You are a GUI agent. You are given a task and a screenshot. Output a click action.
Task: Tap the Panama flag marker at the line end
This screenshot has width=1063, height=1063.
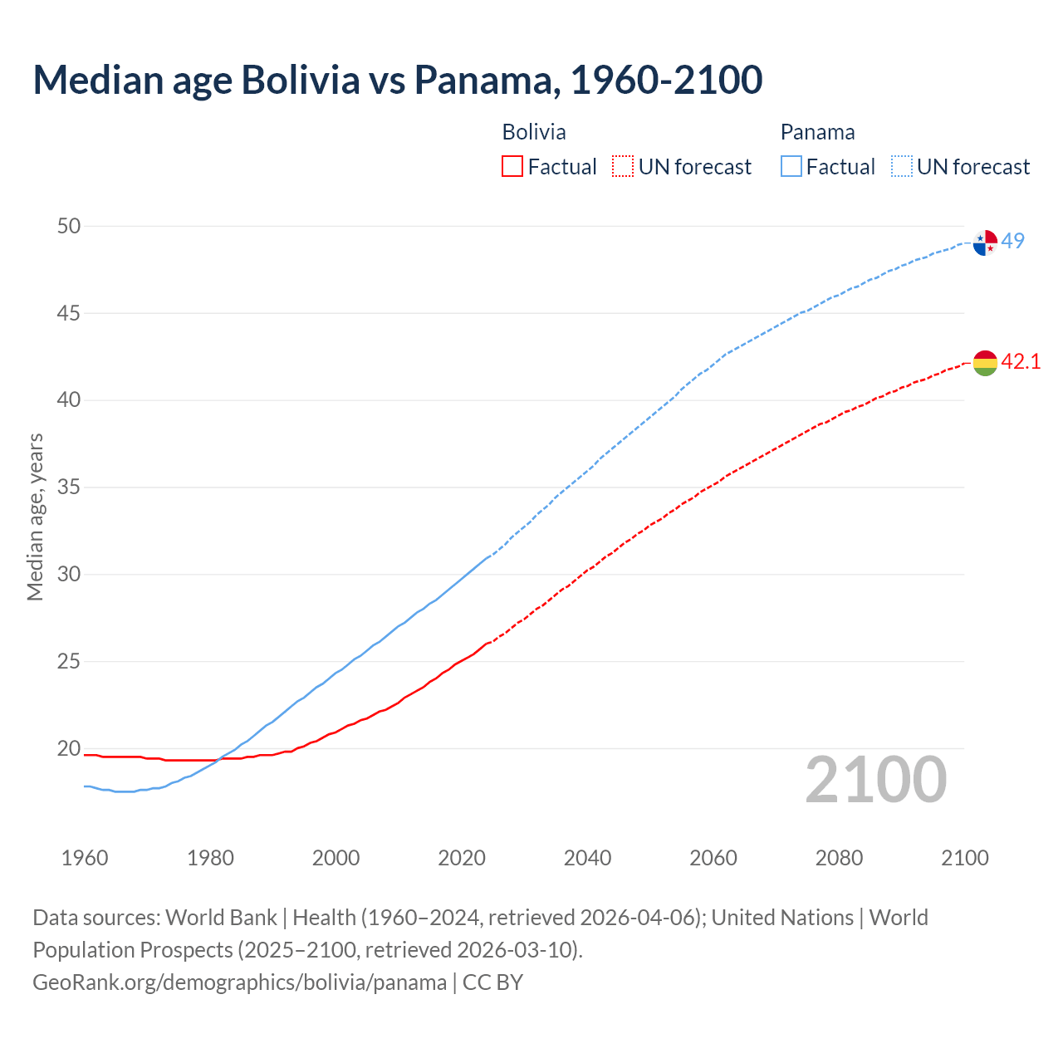tap(985, 242)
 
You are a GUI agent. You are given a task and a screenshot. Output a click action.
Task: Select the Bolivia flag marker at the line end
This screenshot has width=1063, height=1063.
tap(985, 363)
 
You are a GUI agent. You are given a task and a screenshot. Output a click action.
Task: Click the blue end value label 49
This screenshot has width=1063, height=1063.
tap(1012, 241)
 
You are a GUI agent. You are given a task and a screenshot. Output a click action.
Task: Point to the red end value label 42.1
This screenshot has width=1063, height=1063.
tap(1021, 361)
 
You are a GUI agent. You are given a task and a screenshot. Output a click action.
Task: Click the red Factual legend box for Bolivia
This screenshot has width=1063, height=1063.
tap(512, 167)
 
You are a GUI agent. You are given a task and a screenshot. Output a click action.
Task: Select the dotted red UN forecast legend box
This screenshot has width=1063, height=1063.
tap(623, 167)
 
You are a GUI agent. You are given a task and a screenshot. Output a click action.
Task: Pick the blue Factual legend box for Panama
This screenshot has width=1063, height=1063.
tap(791, 167)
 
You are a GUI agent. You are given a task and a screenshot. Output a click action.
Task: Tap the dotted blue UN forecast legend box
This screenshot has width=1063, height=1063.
tap(902, 167)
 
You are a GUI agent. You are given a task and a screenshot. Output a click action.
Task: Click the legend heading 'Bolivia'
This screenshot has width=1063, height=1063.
tap(534, 132)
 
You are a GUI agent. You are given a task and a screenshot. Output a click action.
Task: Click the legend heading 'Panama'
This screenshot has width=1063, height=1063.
tap(817, 132)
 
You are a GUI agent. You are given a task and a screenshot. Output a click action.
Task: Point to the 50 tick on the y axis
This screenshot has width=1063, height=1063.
tap(69, 226)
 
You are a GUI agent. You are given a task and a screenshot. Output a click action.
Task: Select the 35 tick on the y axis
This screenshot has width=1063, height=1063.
tap(69, 487)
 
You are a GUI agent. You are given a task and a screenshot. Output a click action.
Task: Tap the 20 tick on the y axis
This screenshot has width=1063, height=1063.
tap(69, 748)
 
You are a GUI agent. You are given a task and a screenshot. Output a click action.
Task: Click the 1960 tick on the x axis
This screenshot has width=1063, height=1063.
tap(85, 858)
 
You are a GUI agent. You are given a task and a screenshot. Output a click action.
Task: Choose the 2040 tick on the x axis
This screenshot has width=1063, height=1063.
tap(587, 858)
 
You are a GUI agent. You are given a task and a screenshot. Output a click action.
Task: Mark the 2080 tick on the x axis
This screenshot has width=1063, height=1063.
tap(839, 858)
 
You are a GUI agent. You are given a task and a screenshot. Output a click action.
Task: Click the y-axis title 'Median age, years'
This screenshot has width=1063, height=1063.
tap(35, 517)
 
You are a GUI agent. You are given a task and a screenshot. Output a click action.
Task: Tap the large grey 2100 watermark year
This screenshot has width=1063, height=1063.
tap(875, 779)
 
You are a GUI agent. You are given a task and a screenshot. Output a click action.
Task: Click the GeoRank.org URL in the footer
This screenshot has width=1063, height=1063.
tap(239, 982)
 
